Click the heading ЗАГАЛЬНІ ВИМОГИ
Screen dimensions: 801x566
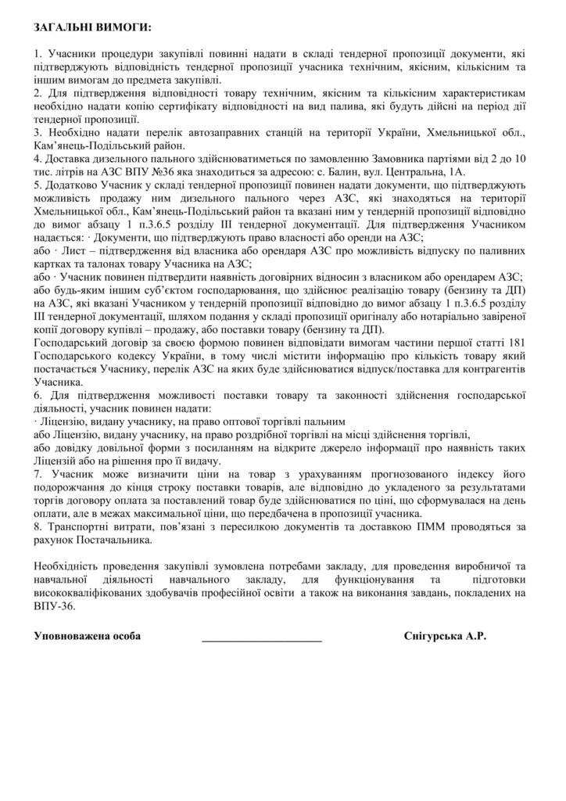pyautogui.click(x=92, y=28)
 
